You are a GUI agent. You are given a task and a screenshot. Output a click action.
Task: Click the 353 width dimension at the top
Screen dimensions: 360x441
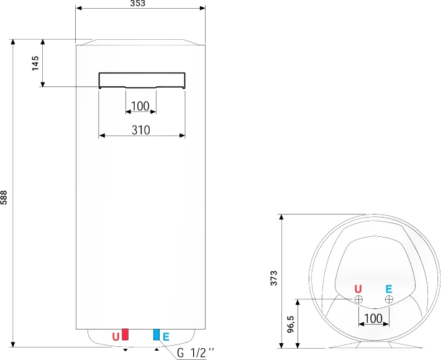tap(138, 4)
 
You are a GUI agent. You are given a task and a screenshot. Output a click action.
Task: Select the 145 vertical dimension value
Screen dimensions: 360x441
tap(35, 63)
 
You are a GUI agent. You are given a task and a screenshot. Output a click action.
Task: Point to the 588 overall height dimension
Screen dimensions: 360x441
tap(4, 198)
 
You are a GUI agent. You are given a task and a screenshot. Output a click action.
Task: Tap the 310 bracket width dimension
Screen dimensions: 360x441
tap(141, 131)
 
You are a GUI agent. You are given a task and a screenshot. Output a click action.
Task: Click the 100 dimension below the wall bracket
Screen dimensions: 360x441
tap(140, 106)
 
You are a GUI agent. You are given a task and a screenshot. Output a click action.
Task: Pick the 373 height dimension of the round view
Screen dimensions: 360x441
tap(274, 279)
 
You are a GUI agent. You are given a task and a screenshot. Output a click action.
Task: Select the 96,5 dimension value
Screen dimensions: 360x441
tap(290, 325)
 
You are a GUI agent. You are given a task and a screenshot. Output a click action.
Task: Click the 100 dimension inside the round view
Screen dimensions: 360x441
tap(373, 318)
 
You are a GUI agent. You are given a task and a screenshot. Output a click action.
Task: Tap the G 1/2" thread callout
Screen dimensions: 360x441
tap(196, 353)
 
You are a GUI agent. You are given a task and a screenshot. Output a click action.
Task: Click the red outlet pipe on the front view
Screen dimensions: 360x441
tap(125, 335)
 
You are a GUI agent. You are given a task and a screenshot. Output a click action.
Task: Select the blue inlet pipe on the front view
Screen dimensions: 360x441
tap(157, 335)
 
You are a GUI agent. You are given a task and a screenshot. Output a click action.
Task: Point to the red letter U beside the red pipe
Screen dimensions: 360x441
tap(116, 337)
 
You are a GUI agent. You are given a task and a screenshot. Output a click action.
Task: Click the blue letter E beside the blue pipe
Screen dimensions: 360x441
tap(166, 337)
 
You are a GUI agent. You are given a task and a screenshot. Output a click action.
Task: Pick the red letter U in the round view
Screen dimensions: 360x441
tap(357, 289)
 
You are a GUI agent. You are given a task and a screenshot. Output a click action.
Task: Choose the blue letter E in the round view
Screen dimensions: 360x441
tap(389, 289)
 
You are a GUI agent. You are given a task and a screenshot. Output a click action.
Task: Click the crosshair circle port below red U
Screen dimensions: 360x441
tap(358, 300)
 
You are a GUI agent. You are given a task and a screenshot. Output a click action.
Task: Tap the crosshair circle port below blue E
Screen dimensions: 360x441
tap(389, 300)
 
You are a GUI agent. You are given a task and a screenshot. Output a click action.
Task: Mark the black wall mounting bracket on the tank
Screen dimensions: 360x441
tap(142, 80)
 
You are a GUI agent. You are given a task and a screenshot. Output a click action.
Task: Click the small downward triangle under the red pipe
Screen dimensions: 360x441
tap(126, 350)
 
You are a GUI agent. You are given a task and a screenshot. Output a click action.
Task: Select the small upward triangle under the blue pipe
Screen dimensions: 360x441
tap(157, 349)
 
